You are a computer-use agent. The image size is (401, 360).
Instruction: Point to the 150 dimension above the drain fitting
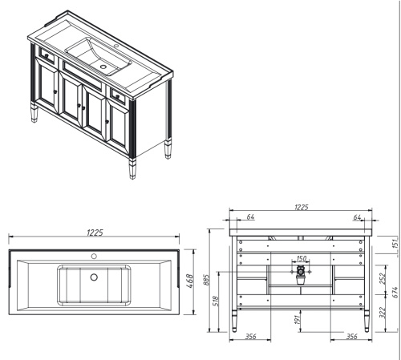coord(302,258)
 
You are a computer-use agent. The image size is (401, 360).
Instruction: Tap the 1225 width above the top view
coord(94,233)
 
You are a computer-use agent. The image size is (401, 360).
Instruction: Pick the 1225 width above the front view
coord(302,208)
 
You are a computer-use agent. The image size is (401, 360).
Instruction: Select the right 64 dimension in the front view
coord(356,216)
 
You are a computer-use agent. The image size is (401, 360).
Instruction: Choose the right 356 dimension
coord(350,337)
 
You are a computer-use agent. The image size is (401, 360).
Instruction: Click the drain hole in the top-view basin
coord(94,277)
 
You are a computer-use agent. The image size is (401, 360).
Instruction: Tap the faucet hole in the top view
coord(94,258)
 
